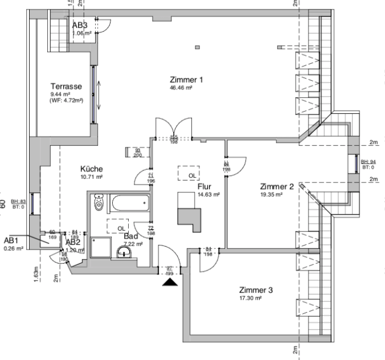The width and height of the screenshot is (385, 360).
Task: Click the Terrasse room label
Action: coord(67,86)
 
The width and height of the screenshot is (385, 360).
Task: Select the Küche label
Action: coord(92,169)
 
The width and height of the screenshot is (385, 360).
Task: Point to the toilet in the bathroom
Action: coord(98,203)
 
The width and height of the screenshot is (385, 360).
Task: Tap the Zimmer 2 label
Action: coord(277,187)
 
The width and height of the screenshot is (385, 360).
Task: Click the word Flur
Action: coord(205,186)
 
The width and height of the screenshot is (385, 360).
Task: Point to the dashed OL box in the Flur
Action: coord(189,173)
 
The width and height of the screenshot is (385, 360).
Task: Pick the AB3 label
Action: coord(80,26)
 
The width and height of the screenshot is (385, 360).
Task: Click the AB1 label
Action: coord(12,240)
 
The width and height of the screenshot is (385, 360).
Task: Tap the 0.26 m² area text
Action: coord(14,248)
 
